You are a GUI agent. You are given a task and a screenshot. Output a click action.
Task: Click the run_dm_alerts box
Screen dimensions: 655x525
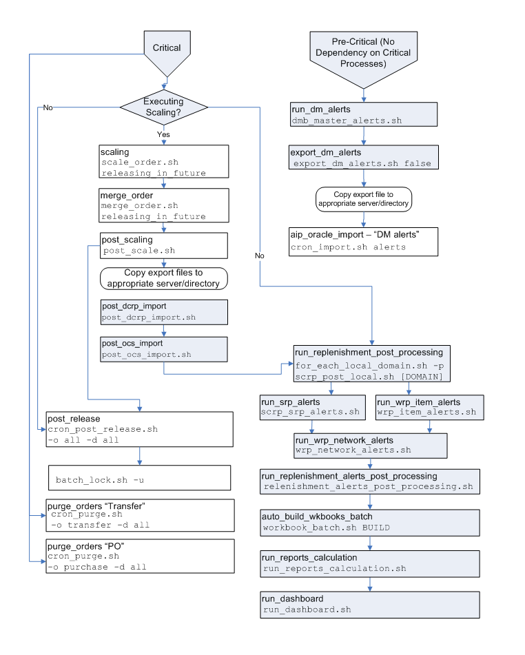pyautogui.click(x=364, y=114)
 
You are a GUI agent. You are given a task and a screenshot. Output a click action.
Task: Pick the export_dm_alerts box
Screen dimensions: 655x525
pyautogui.click(x=364, y=158)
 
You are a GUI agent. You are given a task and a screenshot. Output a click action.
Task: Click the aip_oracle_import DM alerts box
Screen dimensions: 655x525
pyautogui.click(x=364, y=242)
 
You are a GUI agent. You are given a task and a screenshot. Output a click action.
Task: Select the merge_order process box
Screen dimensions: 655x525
pyautogui.click(x=163, y=206)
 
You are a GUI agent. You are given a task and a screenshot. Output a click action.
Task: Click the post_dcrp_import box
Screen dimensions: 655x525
pyautogui.click(x=163, y=312)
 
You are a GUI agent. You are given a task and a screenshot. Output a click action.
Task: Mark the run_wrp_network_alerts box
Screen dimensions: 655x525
pyautogui.click(x=371, y=445)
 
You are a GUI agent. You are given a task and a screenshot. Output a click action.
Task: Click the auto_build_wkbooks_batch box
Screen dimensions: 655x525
pyautogui.click(x=370, y=522)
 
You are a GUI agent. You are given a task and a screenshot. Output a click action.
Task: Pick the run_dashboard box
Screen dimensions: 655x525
pyautogui.click(x=370, y=604)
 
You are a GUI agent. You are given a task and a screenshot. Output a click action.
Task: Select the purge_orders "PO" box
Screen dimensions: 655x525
pyautogui.click(x=139, y=557)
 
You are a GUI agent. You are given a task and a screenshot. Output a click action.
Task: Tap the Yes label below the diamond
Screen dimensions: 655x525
pyautogui.click(x=163, y=135)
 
